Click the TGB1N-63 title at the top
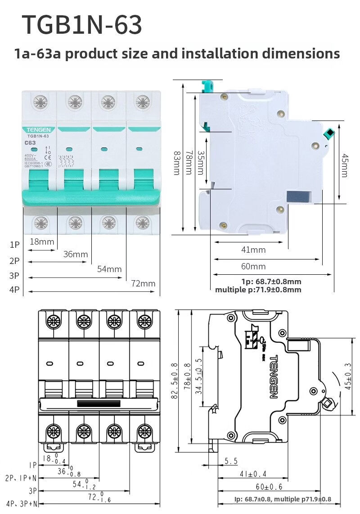tap(82, 25)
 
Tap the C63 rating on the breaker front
tap(31, 143)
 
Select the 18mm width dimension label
tap(41, 241)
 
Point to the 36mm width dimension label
tap(75, 254)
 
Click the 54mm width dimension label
tap(109, 269)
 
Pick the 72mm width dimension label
tap(143, 283)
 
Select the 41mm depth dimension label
tap(253, 250)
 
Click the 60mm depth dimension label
tap(253, 266)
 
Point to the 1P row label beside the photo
tap(15, 245)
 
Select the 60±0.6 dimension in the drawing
tap(269, 487)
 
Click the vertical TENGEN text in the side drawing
tap(273, 377)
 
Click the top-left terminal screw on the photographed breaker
tap(40, 102)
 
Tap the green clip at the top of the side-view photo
tap(207, 85)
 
